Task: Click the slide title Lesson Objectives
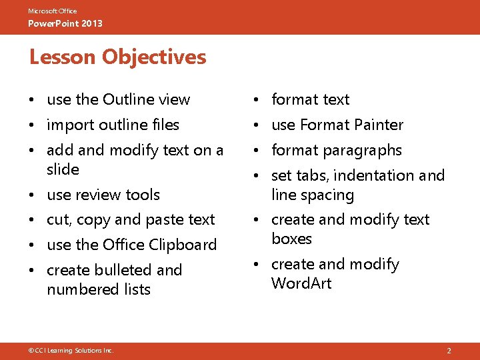click(x=117, y=57)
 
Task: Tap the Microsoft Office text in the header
click(x=53, y=11)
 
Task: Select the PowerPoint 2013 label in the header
click(x=65, y=24)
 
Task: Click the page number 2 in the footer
click(x=449, y=350)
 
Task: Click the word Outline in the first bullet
click(x=129, y=99)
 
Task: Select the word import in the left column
click(x=71, y=125)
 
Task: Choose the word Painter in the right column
click(x=379, y=125)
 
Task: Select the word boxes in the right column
click(x=291, y=239)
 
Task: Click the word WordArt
click(x=301, y=283)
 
